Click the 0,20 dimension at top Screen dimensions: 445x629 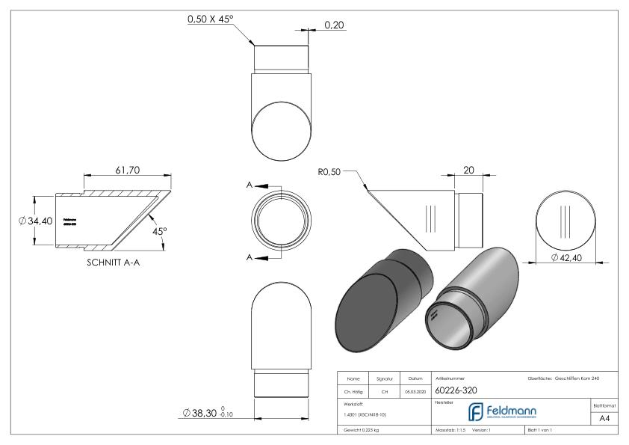pyautogui.click(x=335, y=25)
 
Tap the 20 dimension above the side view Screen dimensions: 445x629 pyautogui.click(x=469, y=170)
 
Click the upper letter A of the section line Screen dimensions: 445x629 pyautogui.click(x=250, y=185)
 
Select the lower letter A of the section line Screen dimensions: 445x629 pyautogui.click(x=250, y=257)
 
